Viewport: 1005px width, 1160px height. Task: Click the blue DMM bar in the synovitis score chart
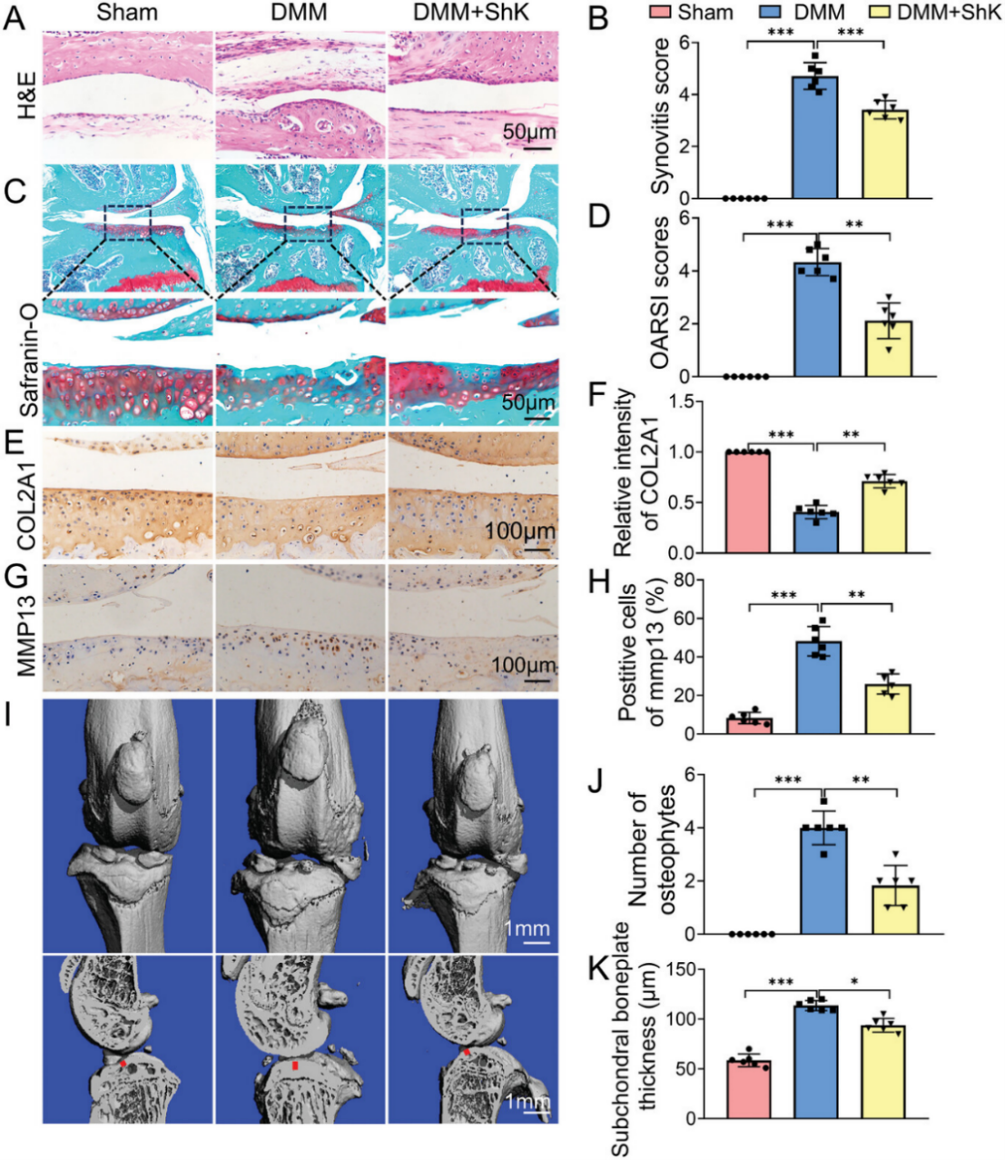815,141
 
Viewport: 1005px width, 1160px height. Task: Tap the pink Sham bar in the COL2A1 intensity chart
747,502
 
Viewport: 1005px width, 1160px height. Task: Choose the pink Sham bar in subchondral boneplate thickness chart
748,1090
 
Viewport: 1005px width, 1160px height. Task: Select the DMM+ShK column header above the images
471,14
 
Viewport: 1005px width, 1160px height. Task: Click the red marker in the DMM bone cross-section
294,1065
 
